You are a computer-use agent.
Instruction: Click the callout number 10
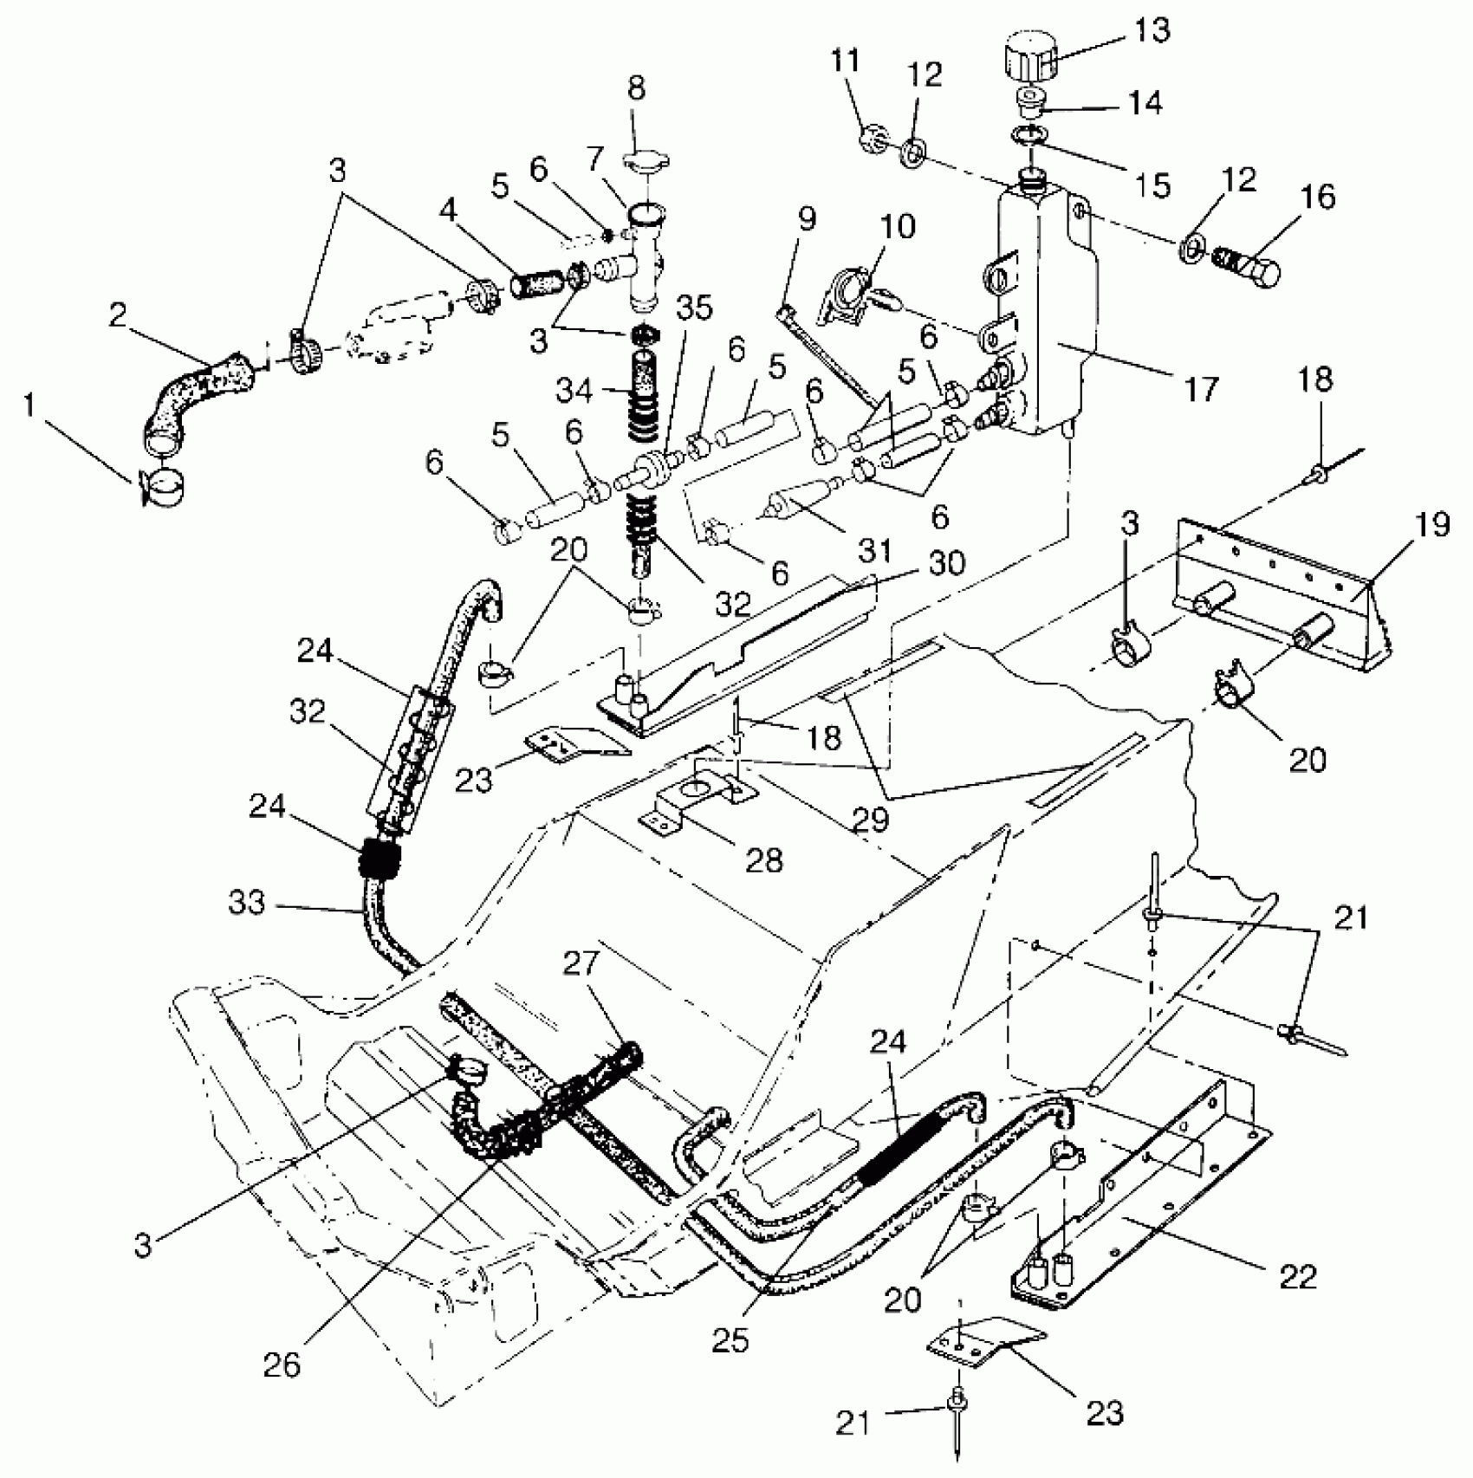tap(899, 227)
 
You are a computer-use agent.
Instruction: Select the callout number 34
tap(574, 390)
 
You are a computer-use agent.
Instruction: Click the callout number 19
tap(1433, 525)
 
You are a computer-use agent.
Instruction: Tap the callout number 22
tap(1297, 1276)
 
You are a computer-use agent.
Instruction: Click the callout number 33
tap(246, 903)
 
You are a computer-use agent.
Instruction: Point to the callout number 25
tap(730, 1340)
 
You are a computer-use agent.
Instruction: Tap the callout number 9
tap(807, 218)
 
